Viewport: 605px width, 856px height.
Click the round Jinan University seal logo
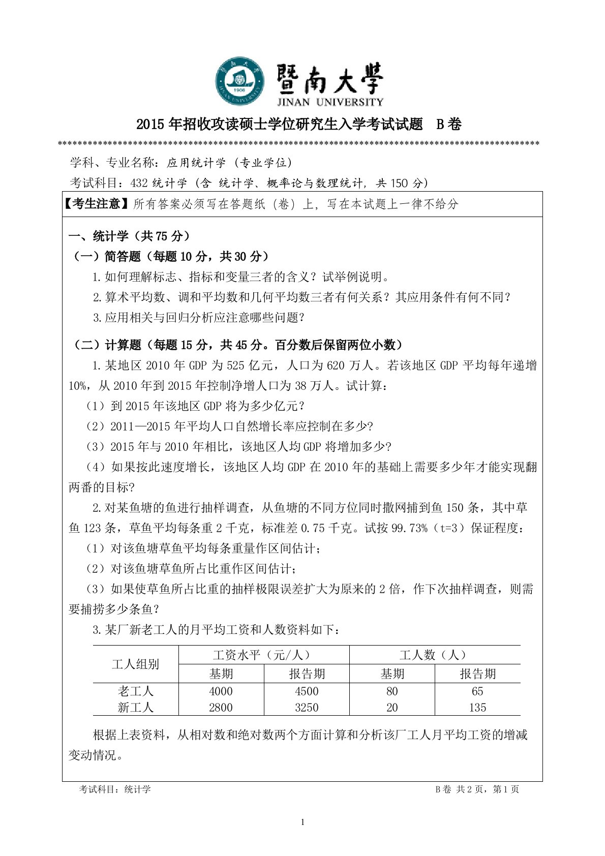(x=240, y=82)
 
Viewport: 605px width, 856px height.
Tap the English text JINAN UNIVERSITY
(x=330, y=102)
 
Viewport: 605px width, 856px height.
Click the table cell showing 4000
(x=221, y=691)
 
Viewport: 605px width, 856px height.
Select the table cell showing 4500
(x=307, y=691)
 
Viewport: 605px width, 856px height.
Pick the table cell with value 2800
(x=221, y=708)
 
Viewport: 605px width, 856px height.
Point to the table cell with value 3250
(x=307, y=708)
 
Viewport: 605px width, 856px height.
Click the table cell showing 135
(x=477, y=708)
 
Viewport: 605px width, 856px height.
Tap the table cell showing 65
(x=477, y=691)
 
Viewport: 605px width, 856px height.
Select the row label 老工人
(x=135, y=691)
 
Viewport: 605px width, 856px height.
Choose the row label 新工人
(x=135, y=708)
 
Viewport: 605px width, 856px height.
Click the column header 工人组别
(x=135, y=664)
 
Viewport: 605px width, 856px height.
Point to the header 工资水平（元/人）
(x=263, y=655)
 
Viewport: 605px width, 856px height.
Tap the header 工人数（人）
(x=435, y=655)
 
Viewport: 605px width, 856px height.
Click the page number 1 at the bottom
(x=303, y=822)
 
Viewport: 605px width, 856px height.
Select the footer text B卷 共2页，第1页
(x=477, y=789)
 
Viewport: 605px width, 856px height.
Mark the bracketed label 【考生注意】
(x=97, y=204)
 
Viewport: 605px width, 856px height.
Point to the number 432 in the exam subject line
(x=139, y=183)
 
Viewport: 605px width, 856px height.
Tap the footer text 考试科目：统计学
(x=115, y=789)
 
